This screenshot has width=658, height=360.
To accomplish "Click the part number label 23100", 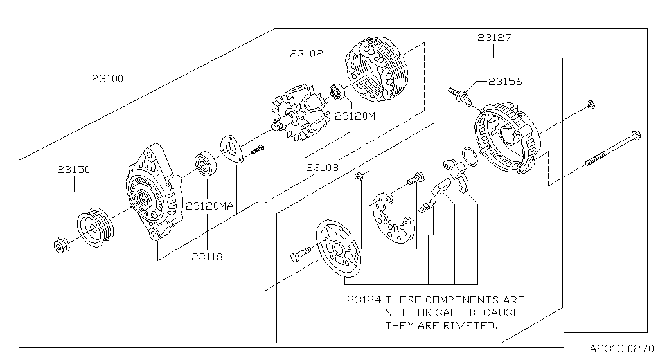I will (107, 79).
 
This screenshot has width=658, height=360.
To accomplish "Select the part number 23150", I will (73, 170).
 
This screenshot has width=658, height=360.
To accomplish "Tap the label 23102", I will (306, 55).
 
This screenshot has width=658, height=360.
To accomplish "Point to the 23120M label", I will (353, 116).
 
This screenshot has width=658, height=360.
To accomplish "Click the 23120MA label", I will (210, 206).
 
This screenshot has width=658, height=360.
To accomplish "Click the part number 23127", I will (494, 38).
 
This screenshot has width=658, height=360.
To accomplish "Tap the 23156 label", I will (505, 82).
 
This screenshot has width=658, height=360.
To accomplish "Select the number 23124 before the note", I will (364, 300).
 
